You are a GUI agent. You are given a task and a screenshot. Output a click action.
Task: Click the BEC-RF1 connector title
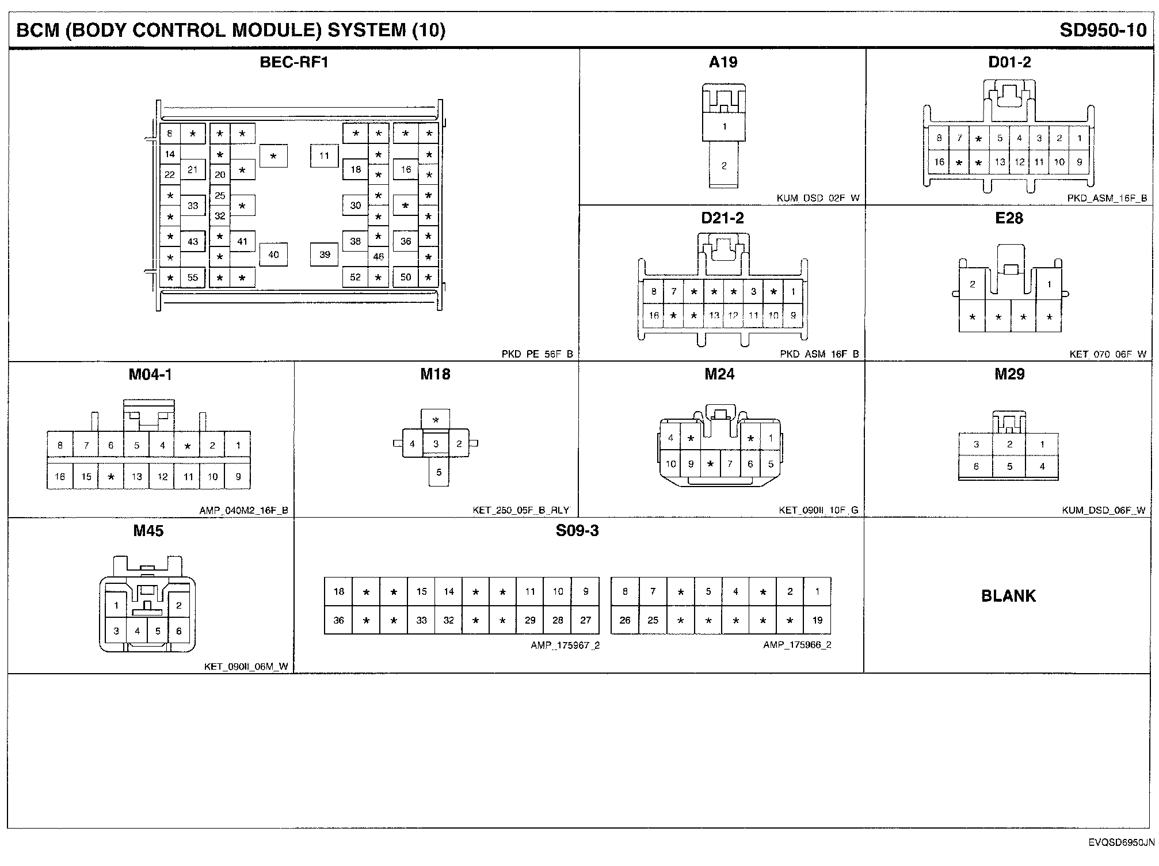click(x=294, y=62)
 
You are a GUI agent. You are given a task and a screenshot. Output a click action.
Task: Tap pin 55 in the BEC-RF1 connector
click(x=193, y=278)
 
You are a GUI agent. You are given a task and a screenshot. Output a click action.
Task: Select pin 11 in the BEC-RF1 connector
click(x=325, y=155)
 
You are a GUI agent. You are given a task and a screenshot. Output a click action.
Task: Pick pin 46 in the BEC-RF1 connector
click(x=378, y=257)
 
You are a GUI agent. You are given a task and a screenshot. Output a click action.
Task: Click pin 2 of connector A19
click(x=724, y=166)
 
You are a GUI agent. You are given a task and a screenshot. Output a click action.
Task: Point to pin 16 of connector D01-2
click(x=939, y=162)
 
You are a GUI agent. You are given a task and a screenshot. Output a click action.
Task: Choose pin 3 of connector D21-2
click(x=753, y=291)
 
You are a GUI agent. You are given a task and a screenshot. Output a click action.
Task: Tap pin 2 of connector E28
click(x=973, y=284)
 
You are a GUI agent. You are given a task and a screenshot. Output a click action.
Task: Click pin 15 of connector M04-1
click(x=86, y=477)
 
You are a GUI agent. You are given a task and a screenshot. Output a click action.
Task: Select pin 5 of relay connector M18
click(x=439, y=473)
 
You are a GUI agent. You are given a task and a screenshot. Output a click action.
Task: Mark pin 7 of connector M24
click(x=730, y=464)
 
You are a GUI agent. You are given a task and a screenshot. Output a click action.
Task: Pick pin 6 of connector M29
click(x=976, y=466)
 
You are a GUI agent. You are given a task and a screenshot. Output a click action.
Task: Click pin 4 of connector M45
click(x=137, y=631)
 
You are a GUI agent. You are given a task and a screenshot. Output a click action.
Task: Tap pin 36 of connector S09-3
click(x=338, y=620)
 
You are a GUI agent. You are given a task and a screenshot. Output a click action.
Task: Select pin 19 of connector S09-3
click(x=817, y=620)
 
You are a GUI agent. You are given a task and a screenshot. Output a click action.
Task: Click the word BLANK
click(x=1008, y=596)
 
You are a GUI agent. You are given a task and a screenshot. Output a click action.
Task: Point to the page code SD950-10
click(x=1103, y=31)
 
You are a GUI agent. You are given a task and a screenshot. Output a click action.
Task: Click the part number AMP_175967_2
click(x=565, y=645)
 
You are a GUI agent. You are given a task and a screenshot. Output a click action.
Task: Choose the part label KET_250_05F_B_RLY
click(x=521, y=510)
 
